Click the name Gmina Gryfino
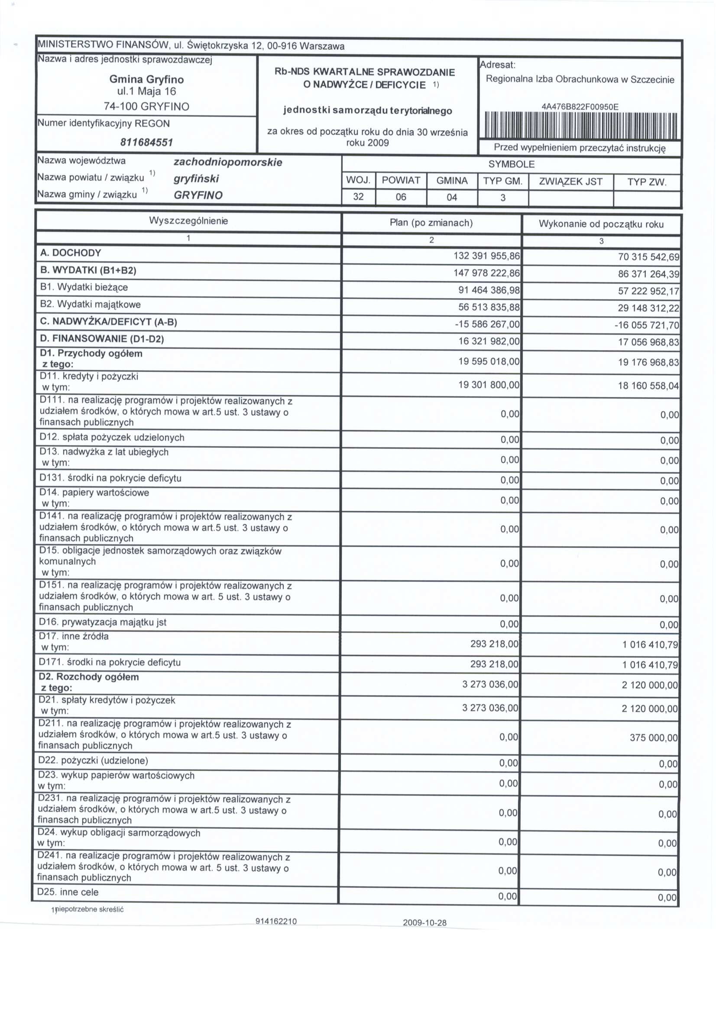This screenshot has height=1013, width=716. click(146, 79)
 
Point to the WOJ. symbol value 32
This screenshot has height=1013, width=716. click(358, 197)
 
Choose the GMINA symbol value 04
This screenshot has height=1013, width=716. click(452, 197)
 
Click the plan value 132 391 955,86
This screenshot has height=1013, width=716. click(486, 256)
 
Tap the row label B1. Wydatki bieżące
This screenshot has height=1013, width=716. click(84, 287)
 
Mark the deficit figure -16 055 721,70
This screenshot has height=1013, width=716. click(647, 325)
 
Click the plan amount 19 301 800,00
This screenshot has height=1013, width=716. click(489, 385)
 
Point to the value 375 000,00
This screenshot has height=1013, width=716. click(653, 738)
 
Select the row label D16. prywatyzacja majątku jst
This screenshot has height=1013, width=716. click(103, 622)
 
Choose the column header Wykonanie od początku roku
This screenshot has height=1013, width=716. click(601, 224)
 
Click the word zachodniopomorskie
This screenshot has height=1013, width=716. click(228, 162)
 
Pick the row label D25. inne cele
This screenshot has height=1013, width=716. click(68, 892)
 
